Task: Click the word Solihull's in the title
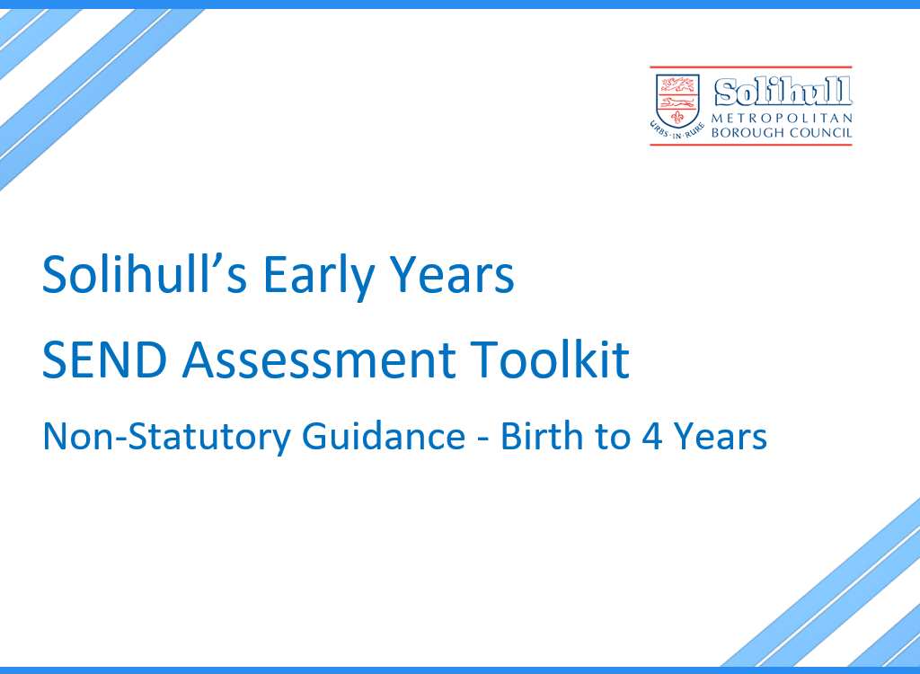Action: pyautogui.click(x=145, y=273)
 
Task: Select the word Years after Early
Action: pyautogui.click(x=453, y=274)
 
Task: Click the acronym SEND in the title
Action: pyautogui.click(x=104, y=359)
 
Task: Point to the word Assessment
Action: pyautogui.click(x=319, y=359)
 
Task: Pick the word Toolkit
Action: pyautogui.click(x=550, y=359)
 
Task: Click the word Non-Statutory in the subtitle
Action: pyautogui.click(x=166, y=438)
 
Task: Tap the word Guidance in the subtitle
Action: pyautogui.click(x=384, y=436)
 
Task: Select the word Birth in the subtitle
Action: pyautogui.click(x=543, y=436)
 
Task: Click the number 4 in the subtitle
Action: pyautogui.click(x=652, y=437)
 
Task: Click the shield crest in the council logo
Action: pyautogui.click(x=677, y=101)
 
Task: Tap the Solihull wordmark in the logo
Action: pyautogui.click(x=783, y=93)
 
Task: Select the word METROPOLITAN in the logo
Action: pyautogui.click(x=782, y=118)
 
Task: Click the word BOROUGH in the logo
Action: pyautogui.click(x=747, y=133)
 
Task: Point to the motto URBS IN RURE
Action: pyautogui.click(x=677, y=131)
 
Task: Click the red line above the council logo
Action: pyautogui.click(x=750, y=67)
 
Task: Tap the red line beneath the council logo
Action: pyautogui.click(x=750, y=144)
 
